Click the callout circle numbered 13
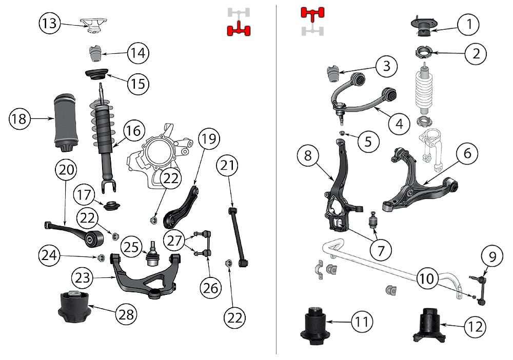coord(50,23)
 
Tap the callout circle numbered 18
coord(19,119)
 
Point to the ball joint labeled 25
coord(152,253)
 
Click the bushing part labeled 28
coord(75,307)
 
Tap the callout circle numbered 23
coord(83,279)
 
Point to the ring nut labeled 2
coord(424,52)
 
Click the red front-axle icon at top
coord(313,13)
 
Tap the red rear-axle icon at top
coord(239,31)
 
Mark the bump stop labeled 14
coord(94,53)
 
